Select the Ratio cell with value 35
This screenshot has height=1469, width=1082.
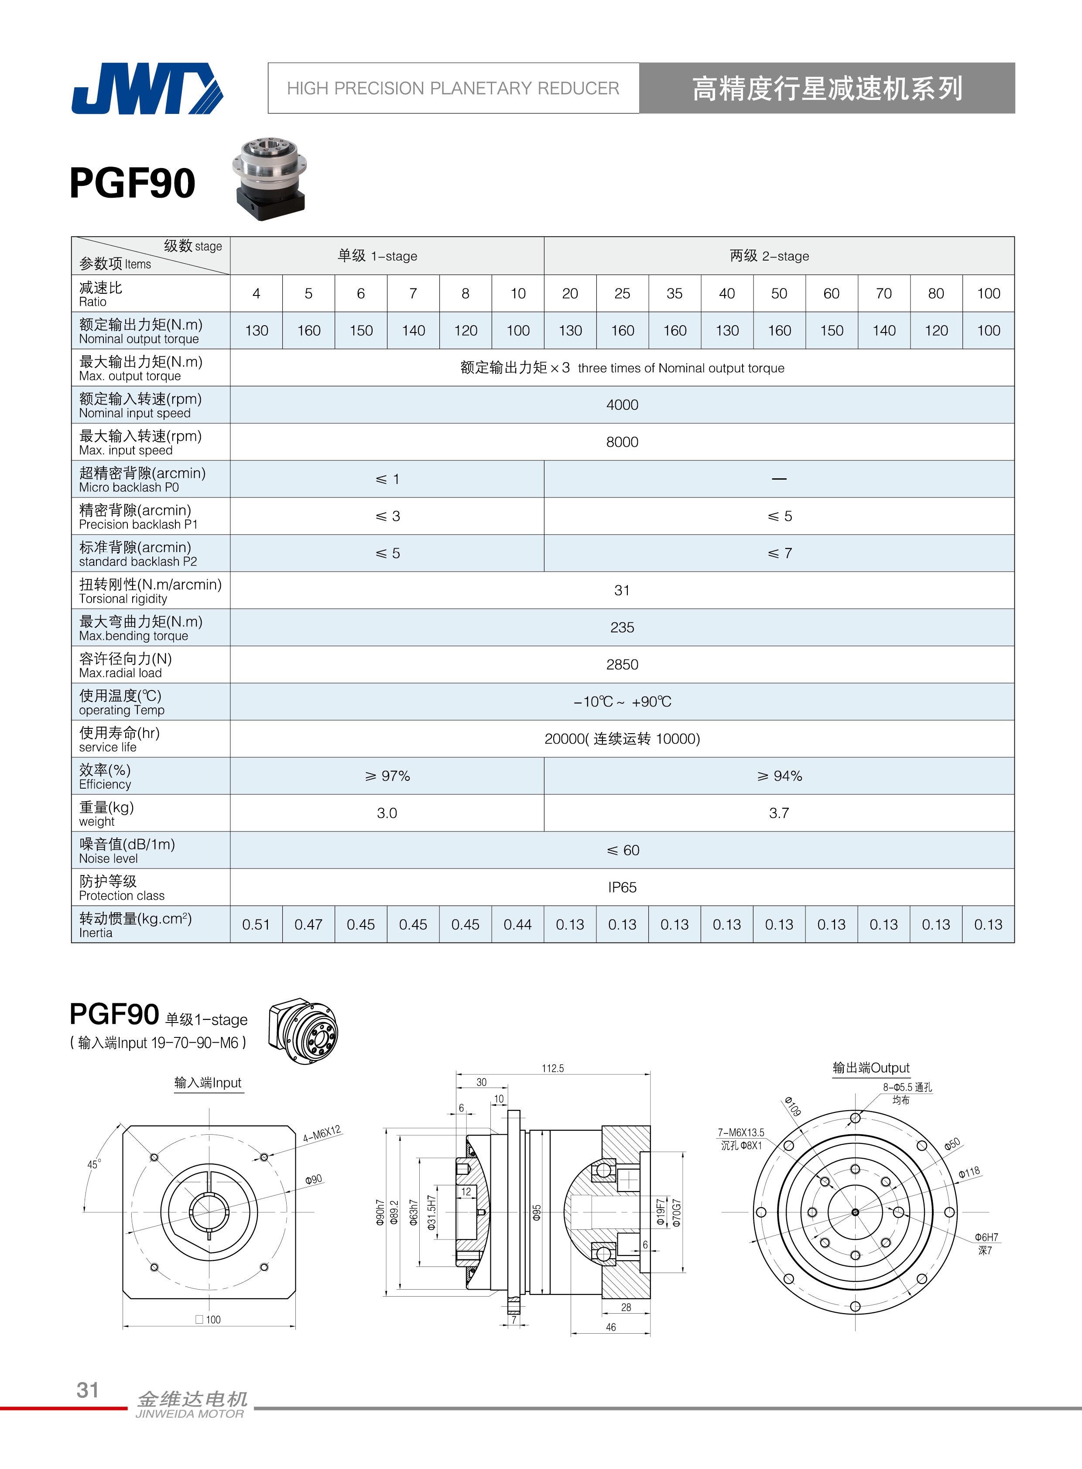pyautogui.click(x=674, y=294)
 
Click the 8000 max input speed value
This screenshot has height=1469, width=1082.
pyautogui.click(x=622, y=442)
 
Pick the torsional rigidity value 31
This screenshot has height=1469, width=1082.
pyautogui.click(x=622, y=590)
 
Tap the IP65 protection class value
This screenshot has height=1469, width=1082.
pyautogui.click(x=622, y=887)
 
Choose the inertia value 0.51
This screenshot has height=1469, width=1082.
pyautogui.click(x=256, y=924)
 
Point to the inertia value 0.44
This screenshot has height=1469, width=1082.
pyautogui.click(x=517, y=924)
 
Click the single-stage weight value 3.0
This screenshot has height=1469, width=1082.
pyautogui.click(x=387, y=813)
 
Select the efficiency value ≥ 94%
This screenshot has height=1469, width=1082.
pyautogui.click(x=779, y=776)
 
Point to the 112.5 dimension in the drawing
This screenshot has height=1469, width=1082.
pyautogui.click(x=552, y=1068)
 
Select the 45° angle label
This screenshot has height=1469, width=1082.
pyautogui.click(x=94, y=1164)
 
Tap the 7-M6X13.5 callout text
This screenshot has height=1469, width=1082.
pyautogui.click(x=741, y=1132)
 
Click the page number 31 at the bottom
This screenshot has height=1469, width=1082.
pyautogui.click(x=88, y=1390)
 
